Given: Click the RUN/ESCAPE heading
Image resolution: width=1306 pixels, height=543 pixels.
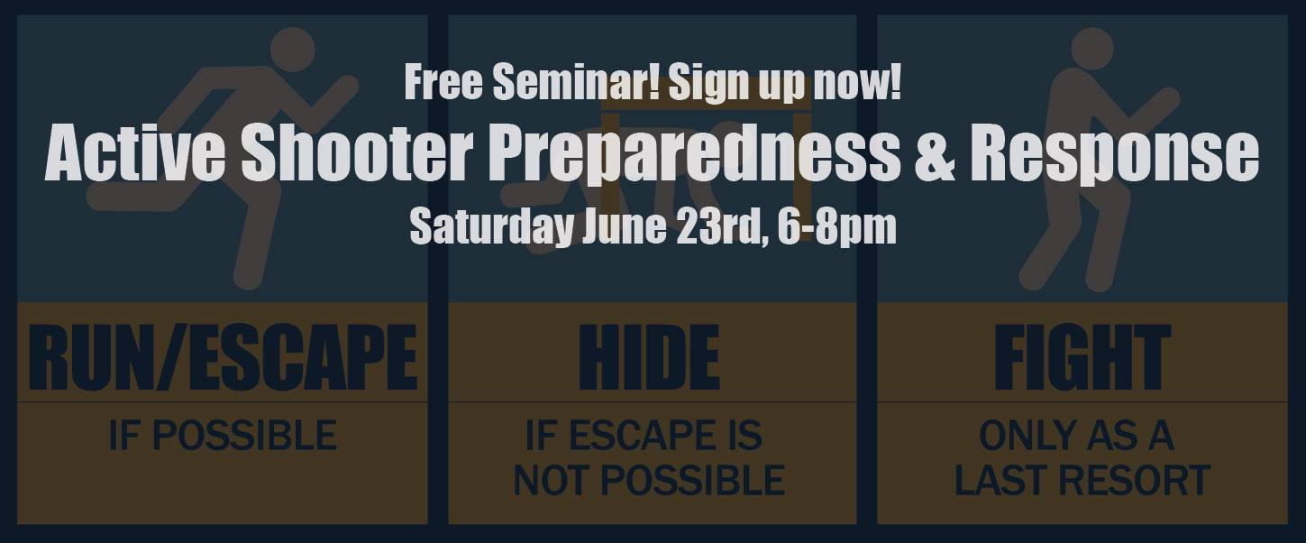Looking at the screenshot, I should click(x=222, y=357).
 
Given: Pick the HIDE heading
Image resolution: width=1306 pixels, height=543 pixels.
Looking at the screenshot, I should click(x=649, y=357).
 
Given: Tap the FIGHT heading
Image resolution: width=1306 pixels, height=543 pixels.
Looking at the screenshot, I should click(x=1082, y=357).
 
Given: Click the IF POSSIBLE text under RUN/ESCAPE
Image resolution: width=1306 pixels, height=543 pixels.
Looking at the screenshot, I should click(x=222, y=437).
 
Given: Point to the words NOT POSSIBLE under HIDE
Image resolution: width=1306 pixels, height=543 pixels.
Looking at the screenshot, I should click(x=649, y=481).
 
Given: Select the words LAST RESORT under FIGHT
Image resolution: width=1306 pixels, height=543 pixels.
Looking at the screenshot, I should click(x=1082, y=481).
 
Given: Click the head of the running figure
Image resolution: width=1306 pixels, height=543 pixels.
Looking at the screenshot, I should click(x=292, y=48).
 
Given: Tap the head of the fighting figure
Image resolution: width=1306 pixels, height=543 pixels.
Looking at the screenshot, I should click(x=1091, y=47).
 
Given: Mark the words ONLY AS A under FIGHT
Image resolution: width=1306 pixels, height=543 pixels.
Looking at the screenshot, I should click(x=1076, y=437).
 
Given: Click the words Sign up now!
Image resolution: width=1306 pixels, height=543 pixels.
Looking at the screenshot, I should click(x=784, y=83).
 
